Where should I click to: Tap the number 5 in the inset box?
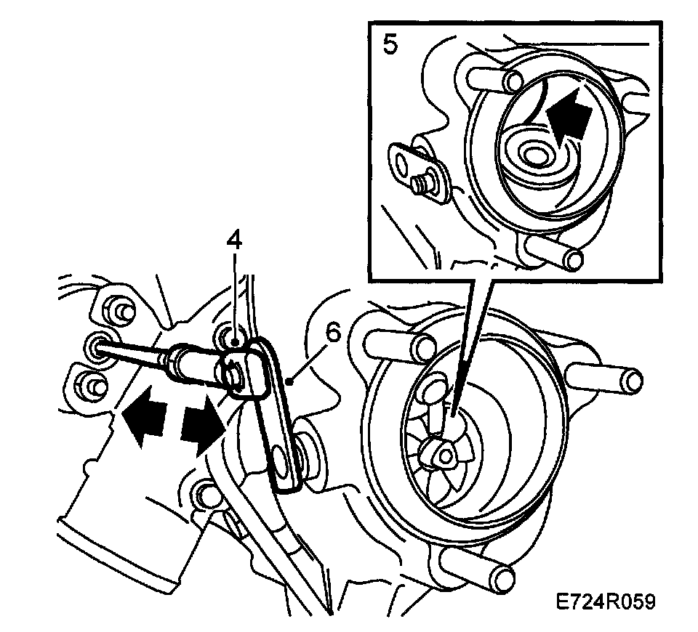click(390, 45)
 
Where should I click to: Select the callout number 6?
click(332, 333)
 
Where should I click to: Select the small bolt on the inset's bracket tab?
click(420, 183)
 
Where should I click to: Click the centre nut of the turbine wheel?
click(442, 454)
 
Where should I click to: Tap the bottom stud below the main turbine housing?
click(497, 577)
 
